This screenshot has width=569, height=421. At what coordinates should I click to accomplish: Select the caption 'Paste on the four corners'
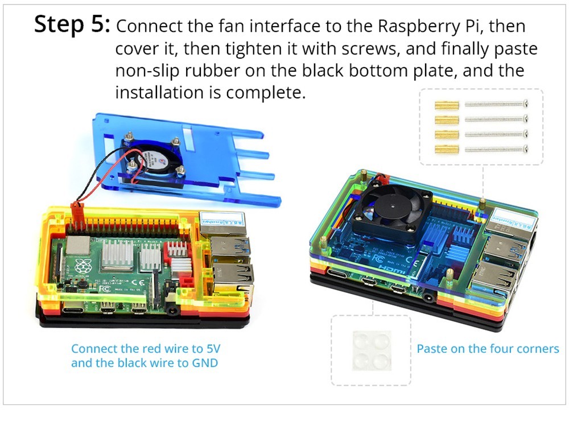488,349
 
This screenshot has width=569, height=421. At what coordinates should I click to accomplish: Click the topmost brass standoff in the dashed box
447,105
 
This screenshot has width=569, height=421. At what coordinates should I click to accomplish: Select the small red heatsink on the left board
177,249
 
